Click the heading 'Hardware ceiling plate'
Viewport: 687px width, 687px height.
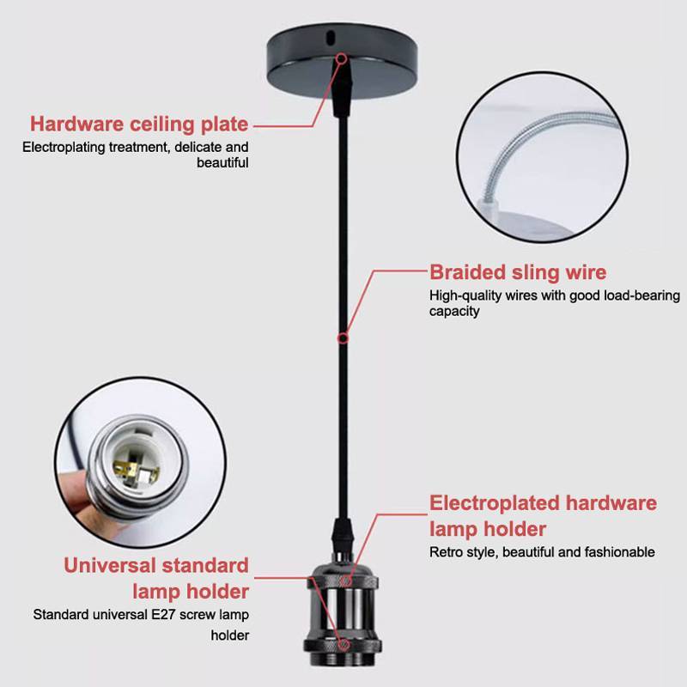(x=139, y=125)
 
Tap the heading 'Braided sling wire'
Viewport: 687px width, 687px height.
(x=518, y=272)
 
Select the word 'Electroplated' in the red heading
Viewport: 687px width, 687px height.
(x=495, y=503)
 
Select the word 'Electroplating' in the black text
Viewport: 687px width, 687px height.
(x=64, y=147)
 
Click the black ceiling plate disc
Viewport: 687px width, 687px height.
(x=342, y=61)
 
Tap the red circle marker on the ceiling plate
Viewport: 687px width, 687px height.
(x=342, y=58)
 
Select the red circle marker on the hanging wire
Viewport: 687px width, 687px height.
(x=343, y=338)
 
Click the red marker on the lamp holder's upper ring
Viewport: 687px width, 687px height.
(x=347, y=581)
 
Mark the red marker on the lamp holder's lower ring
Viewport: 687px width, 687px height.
(x=344, y=645)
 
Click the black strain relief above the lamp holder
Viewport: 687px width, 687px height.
(x=342, y=535)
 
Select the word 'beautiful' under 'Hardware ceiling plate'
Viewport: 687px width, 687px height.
(x=222, y=163)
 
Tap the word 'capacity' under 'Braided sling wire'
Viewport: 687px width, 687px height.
(x=454, y=312)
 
